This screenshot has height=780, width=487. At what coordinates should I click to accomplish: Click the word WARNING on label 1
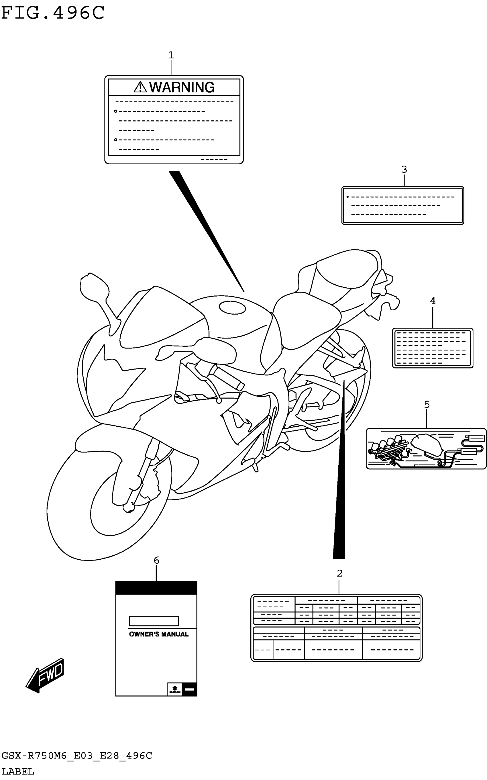[182, 87]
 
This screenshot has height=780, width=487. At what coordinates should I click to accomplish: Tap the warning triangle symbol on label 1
[140, 87]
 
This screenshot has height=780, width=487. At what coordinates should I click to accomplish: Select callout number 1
[171, 55]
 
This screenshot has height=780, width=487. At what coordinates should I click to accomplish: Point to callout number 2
[339, 573]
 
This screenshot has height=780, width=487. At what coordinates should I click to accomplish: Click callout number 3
[404, 169]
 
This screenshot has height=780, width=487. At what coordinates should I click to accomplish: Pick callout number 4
[433, 301]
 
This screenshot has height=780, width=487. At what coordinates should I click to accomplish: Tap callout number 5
[427, 404]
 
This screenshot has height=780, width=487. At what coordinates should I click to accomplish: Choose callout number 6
[156, 560]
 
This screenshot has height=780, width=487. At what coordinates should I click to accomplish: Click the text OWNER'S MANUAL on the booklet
[158, 634]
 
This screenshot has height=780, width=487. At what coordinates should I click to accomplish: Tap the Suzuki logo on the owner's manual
[174, 689]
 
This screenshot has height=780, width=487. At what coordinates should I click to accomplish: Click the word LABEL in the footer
[18, 772]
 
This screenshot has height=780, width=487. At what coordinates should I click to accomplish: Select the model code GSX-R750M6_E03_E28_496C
[77, 756]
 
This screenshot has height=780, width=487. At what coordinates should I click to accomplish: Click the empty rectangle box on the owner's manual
[154, 621]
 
